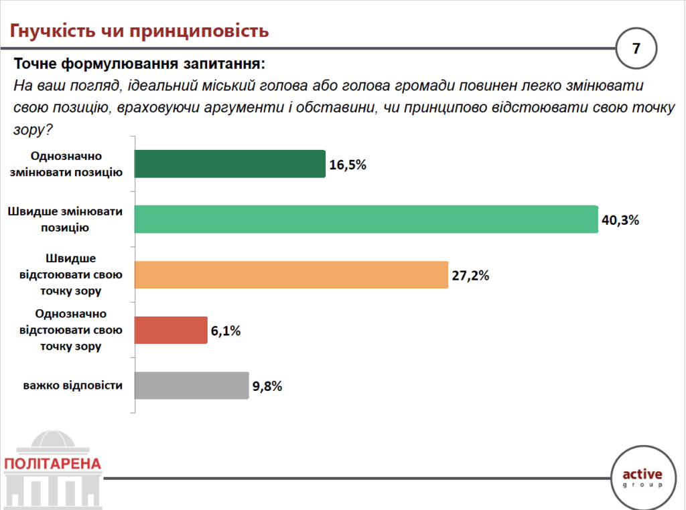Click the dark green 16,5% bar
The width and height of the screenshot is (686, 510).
pyautogui.click(x=230, y=163)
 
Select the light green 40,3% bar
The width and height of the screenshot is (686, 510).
pyautogui.click(x=366, y=219)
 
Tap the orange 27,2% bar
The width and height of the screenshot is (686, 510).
pyautogui.click(x=291, y=274)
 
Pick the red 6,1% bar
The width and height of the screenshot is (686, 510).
pyautogui.click(x=171, y=330)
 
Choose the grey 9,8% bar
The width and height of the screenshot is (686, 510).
pyautogui.click(x=192, y=386)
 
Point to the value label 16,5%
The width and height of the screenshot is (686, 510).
pyautogui.click(x=348, y=165)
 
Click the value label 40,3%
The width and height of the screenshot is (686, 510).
pyautogui.click(x=620, y=220)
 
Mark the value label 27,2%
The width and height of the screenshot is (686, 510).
pyautogui.click(x=470, y=275)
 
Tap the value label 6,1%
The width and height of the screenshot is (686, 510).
pyautogui.click(x=226, y=331)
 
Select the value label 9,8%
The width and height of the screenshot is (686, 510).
pyautogui.click(x=268, y=386)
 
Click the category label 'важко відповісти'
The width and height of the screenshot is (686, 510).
pyautogui.click(x=73, y=386)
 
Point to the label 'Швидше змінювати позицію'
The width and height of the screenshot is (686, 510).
pyautogui.click(x=65, y=219)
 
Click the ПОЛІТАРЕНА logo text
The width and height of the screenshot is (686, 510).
pyautogui.click(x=52, y=463)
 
